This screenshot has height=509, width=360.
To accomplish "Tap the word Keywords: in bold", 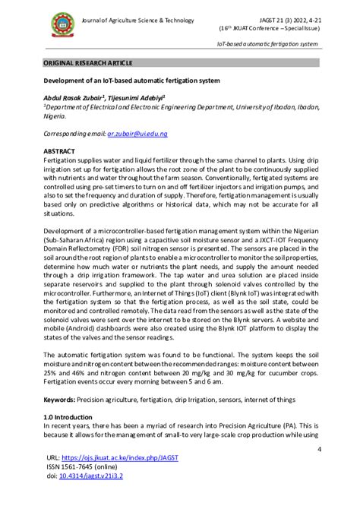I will (63, 399).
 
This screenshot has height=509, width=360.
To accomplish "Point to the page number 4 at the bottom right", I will (319, 449).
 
